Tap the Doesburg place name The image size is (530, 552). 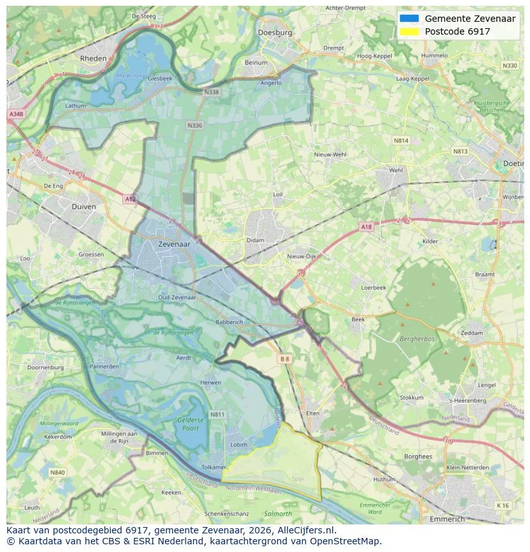tap(275, 32)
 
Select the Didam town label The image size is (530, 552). tap(255, 240)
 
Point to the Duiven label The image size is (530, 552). tap(84, 207)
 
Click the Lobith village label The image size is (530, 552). tap(239, 444)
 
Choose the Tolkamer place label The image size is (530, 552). tap(214, 467)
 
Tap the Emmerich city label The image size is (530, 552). tap(447, 519)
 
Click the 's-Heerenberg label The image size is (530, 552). tap(468, 401)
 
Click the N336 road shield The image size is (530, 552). tap(195, 126)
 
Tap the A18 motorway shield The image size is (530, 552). tap(365, 227)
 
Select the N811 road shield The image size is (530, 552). tap(218, 415)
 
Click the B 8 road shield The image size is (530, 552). tap(285, 360)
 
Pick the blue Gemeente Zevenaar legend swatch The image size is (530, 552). tap(408, 19)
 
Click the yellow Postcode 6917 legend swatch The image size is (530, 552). tap(408, 31)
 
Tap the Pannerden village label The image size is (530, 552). tap(104, 367)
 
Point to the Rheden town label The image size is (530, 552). tap(93, 58)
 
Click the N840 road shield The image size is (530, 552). tap(57, 473)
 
